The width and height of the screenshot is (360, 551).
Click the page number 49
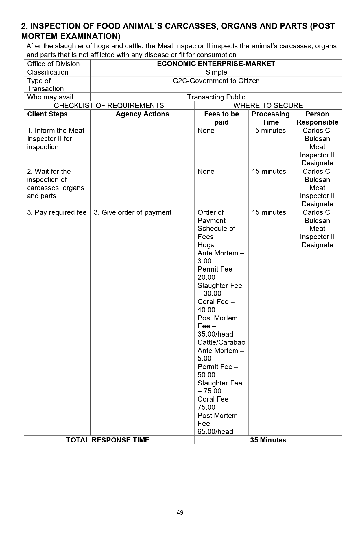(x=180, y=512)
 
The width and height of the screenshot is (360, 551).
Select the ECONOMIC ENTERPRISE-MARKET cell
(x=216, y=64)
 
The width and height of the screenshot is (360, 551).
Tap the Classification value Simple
(x=216, y=72)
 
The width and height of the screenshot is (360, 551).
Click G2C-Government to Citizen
(x=216, y=81)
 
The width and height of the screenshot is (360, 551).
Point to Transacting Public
(x=216, y=97)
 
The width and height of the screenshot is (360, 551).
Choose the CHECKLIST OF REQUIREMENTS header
(x=109, y=106)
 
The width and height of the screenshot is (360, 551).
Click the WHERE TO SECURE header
(x=268, y=106)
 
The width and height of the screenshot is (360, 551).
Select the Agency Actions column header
(x=142, y=114)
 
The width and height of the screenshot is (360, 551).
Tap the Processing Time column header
(x=270, y=118)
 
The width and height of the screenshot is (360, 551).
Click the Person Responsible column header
(x=317, y=118)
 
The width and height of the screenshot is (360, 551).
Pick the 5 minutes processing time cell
(x=270, y=131)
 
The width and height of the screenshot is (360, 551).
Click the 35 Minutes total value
(x=268, y=440)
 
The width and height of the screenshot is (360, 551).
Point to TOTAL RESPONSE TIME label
(x=109, y=440)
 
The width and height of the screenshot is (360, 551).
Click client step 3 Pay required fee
(x=57, y=212)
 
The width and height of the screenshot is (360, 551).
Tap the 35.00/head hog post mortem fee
(x=215, y=334)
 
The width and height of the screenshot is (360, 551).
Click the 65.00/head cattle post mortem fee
(x=215, y=432)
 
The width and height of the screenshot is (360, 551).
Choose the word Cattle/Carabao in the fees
(x=221, y=342)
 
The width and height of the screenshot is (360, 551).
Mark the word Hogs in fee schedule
(x=206, y=245)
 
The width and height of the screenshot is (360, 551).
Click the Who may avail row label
(x=50, y=97)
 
